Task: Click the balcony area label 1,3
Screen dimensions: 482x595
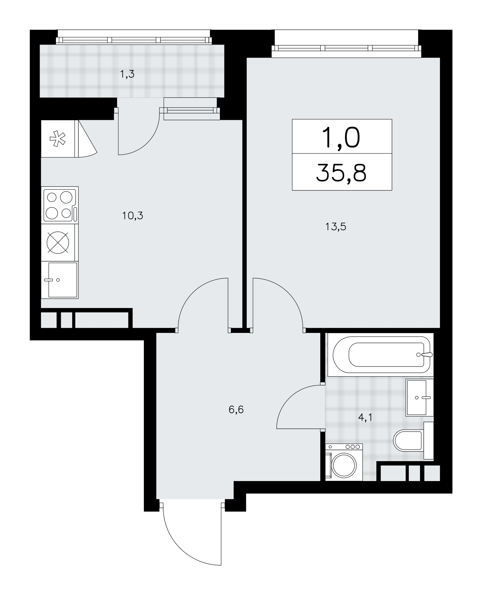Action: pyautogui.click(x=127, y=74)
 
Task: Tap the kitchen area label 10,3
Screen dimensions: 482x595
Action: pyautogui.click(x=133, y=215)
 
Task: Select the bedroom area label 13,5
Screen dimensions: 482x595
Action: pyautogui.click(x=336, y=227)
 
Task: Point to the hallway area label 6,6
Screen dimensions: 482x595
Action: pyautogui.click(x=236, y=410)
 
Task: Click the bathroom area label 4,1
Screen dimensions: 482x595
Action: pyautogui.click(x=365, y=418)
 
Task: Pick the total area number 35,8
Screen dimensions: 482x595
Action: pyautogui.click(x=341, y=172)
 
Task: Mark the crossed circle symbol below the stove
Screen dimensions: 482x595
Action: pyautogui.click(x=58, y=242)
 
